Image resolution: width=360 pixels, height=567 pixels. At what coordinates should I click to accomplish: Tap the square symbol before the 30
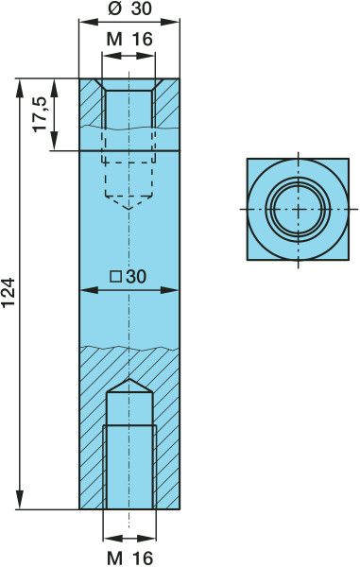[115, 277]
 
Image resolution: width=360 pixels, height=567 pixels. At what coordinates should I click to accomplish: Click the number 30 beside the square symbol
[135, 277]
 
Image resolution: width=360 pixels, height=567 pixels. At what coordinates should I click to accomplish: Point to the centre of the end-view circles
[299, 209]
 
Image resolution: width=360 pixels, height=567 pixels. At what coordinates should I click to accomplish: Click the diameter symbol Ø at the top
[114, 9]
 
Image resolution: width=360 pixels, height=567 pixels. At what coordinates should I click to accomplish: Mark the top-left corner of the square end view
[248, 159]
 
